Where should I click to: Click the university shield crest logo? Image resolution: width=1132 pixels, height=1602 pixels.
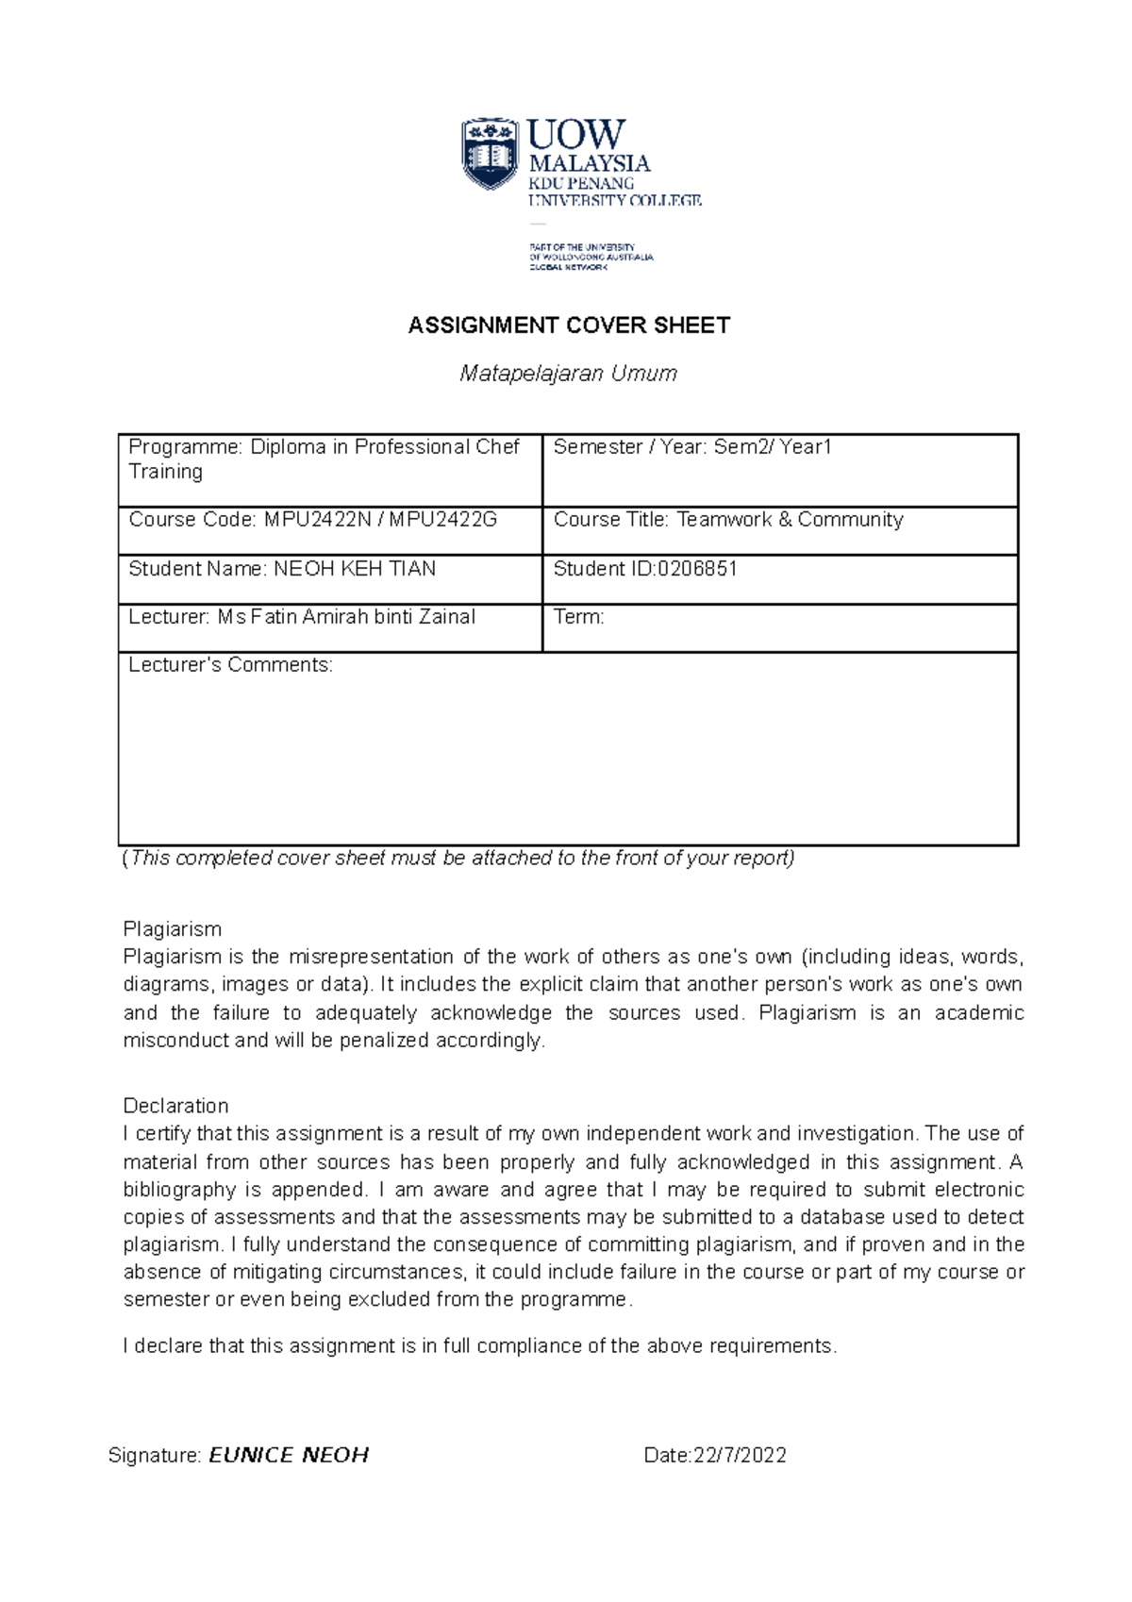coord(490,154)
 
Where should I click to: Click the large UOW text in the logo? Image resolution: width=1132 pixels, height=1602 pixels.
coord(575,135)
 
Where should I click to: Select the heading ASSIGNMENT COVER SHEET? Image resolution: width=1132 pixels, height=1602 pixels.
coord(569,325)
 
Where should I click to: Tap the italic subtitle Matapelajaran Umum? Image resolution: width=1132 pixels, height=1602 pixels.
coord(568,374)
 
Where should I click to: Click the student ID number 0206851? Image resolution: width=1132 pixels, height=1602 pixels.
coord(697,569)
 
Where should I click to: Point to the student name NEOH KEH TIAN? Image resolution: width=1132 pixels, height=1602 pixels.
coord(355,569)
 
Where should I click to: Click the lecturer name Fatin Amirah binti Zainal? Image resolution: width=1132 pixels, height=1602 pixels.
coord(362,617)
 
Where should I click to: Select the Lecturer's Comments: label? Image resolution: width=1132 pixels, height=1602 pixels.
coord(230,665)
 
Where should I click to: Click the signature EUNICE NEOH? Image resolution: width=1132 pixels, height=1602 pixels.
coord(289,1455)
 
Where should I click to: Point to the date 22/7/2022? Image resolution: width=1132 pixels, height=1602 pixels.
coord(740,1455)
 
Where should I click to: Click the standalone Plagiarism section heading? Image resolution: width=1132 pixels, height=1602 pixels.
coord(173,928)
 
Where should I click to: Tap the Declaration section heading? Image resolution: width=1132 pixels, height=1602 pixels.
coord(175,1106)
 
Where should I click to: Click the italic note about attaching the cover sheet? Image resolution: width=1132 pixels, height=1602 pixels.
coord(458,859)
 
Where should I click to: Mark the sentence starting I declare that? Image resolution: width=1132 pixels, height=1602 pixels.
coord(479,1345)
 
